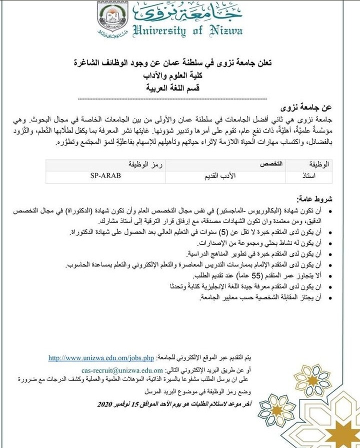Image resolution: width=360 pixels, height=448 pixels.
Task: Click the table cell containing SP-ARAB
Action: pos(106,176)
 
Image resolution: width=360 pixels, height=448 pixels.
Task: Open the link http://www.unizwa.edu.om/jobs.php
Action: pos(101,358)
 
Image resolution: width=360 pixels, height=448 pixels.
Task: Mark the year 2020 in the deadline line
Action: pos(108,403)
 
